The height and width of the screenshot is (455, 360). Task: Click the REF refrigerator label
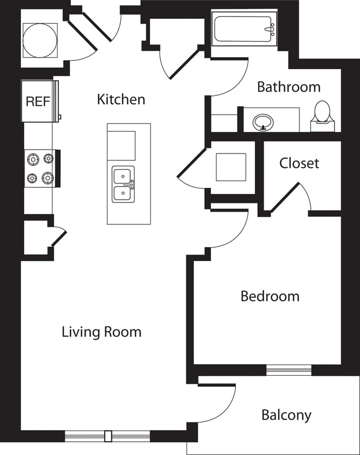38,101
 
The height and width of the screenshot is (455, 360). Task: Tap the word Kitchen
121,99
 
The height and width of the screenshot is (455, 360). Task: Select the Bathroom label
289,87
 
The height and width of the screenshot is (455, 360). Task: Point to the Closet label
299,163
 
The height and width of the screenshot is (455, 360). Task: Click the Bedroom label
270,296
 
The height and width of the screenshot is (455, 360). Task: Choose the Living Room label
101,332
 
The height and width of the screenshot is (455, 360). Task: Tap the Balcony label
286,415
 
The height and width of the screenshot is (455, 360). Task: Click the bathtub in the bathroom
244,29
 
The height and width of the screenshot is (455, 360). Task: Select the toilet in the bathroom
322,115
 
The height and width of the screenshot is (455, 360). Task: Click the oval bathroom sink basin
262,122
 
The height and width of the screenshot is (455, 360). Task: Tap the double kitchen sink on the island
123,185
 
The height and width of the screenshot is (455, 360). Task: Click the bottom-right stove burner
48,178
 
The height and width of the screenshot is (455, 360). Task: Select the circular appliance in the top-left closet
39,39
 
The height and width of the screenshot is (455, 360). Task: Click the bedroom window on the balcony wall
289,370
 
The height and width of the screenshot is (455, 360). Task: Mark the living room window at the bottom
107,436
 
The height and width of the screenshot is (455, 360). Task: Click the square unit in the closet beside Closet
230,167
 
